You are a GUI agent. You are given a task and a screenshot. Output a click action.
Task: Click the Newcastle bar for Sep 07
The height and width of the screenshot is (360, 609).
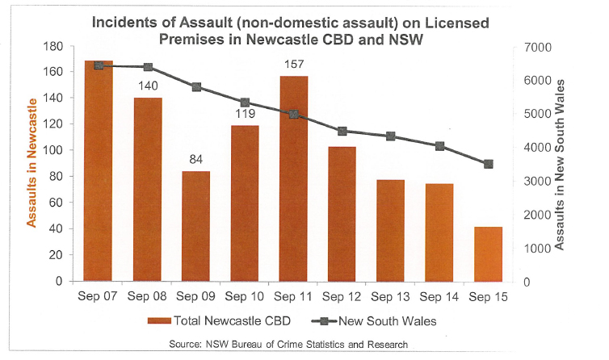[99, 171]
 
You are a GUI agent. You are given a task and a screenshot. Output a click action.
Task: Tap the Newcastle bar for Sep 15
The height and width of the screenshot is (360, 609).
[488, 254]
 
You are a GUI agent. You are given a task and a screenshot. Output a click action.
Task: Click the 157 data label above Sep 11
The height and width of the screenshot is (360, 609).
[293, 63]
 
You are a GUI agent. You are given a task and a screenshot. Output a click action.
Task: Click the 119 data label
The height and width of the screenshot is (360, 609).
[245, 112]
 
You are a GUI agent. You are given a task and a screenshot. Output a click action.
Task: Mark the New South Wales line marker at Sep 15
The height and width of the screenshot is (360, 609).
[488, 164]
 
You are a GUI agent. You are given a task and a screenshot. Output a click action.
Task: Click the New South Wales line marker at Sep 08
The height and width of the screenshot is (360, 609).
[148, 67]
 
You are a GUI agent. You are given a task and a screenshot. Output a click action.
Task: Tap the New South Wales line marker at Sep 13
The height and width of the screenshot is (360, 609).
[391, 136]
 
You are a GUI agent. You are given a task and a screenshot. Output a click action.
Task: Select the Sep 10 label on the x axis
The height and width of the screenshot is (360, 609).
[245, 298]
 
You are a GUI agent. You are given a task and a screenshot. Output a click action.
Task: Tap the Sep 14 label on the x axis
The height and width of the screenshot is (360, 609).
[439, 298]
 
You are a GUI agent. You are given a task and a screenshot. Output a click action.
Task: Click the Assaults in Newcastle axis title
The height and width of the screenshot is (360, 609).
[32, 161]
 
